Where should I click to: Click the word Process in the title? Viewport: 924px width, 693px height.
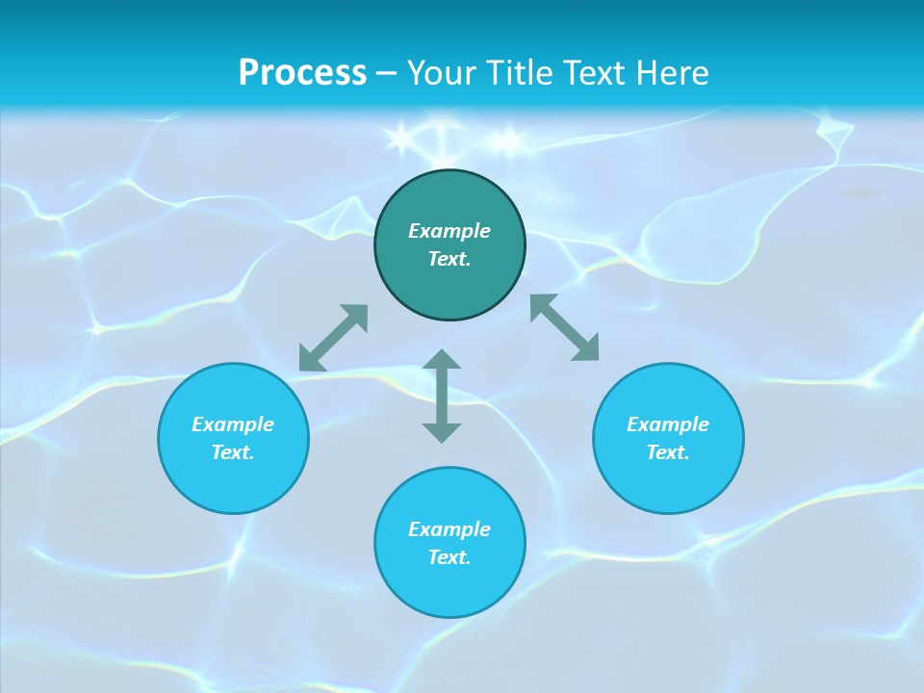(302, 72)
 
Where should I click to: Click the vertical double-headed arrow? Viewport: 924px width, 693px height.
(442, 396)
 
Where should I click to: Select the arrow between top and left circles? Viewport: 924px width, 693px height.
(333, 338)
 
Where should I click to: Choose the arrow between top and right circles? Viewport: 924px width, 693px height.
(565, 327)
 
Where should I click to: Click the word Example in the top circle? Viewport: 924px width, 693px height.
(449, 231)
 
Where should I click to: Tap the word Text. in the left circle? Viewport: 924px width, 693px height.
(233, 452)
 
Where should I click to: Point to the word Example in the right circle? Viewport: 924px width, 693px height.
(668, 424)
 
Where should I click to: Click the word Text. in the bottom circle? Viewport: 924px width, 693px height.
(449, 557)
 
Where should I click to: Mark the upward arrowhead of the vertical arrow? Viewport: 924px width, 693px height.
(442, 360)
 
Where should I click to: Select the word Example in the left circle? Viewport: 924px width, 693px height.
(233, 424)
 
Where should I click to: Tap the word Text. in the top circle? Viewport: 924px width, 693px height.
(449, 259)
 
